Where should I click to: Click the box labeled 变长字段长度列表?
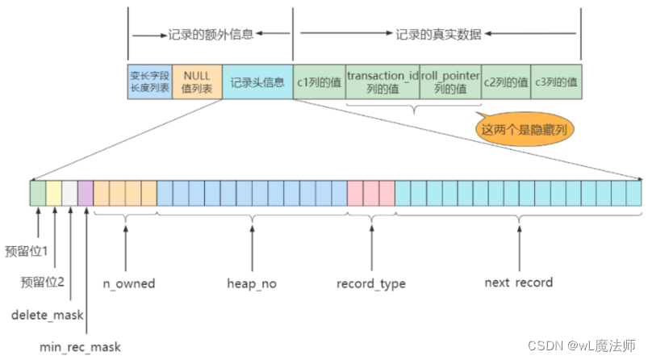click(149, 82)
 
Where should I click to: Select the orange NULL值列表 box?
click(197, 82)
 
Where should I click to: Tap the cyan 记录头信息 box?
click(257, 82)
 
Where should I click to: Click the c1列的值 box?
click(319, 82)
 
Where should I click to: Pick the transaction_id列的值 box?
click(383, 82)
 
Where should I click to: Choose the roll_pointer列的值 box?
click(450, 82)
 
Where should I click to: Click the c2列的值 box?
click(505, 82)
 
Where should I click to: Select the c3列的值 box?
click(556, 82)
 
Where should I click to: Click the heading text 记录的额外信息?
click(211, 35)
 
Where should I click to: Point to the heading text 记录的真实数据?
click(439, 35)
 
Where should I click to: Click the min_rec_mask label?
click(80, 347)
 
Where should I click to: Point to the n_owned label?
click(128, 283)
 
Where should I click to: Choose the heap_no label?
click(252, 283)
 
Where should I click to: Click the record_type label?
click(371, 283)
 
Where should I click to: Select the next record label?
click(518, 283)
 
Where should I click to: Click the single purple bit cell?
click(86, 194)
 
